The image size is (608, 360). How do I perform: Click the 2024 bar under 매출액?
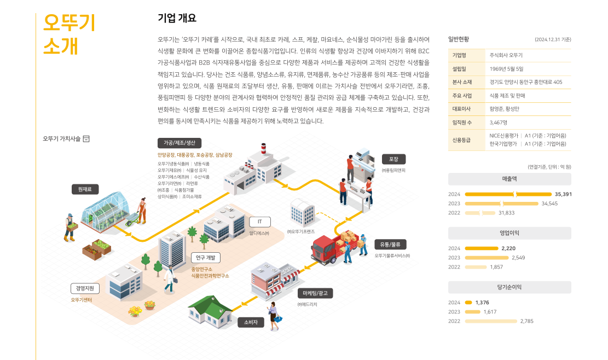coord(508,194)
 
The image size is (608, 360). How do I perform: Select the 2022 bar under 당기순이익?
coord(490,321)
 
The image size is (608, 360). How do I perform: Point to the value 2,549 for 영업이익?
coord(518,258)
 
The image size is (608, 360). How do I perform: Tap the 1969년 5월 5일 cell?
coord(507,69)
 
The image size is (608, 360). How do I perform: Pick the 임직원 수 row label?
coord(462,123)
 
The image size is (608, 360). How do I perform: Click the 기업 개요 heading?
coord(177,19)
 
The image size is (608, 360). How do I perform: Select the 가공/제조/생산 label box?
coord(179,143)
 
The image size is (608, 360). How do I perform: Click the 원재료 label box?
coord(85,189)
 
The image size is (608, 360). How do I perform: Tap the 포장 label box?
coord(393,159)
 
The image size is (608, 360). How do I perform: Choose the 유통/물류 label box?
coord(390,244)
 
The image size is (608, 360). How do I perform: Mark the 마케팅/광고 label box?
coord(315,293)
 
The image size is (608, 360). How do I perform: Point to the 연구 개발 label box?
coord(206,257)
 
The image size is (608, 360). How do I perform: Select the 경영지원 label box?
coord(85,288)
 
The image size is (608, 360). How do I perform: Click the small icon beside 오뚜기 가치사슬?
coord(86,139)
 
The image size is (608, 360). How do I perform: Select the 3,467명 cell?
coord(499,123)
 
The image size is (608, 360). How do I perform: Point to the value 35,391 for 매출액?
coord(563,194)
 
